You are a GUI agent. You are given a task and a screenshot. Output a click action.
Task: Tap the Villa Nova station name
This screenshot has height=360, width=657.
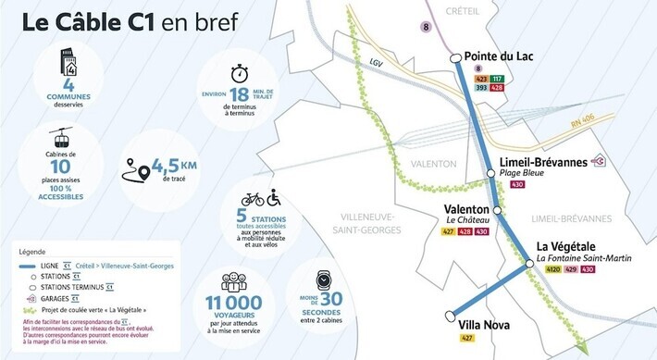(485, 325)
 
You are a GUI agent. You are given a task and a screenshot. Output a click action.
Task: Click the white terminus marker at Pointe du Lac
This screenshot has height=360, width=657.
(456, 58)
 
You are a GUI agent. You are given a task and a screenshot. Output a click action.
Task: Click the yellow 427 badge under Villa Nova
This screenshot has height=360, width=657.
(467, 339)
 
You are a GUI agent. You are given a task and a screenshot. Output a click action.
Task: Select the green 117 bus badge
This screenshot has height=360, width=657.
(497, 80)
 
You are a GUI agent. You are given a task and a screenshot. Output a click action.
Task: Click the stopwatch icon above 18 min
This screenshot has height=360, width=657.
(240, 72)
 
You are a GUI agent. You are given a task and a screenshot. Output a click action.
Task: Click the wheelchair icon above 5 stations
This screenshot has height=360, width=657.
(274, 198)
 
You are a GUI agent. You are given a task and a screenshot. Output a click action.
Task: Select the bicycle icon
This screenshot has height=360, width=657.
(253, 199)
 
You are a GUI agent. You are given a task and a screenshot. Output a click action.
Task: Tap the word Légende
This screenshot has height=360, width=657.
(39, 251)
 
